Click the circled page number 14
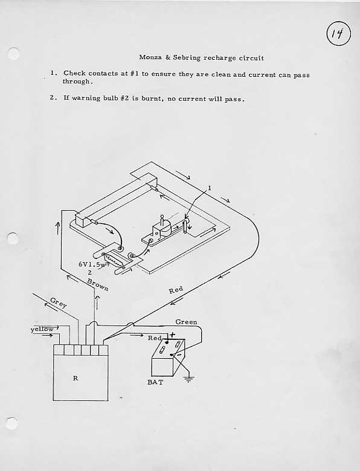338,34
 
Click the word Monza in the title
150,57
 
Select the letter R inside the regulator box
76,378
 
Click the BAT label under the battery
155,382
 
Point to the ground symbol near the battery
188,379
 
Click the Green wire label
186,322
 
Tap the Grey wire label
59,302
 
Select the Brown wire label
97,285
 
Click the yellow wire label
42,329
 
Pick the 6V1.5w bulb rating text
92,264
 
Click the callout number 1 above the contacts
210,188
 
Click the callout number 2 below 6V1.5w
90,273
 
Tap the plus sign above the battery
172,334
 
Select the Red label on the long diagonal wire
176,290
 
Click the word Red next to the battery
155,338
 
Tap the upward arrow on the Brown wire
97,303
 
